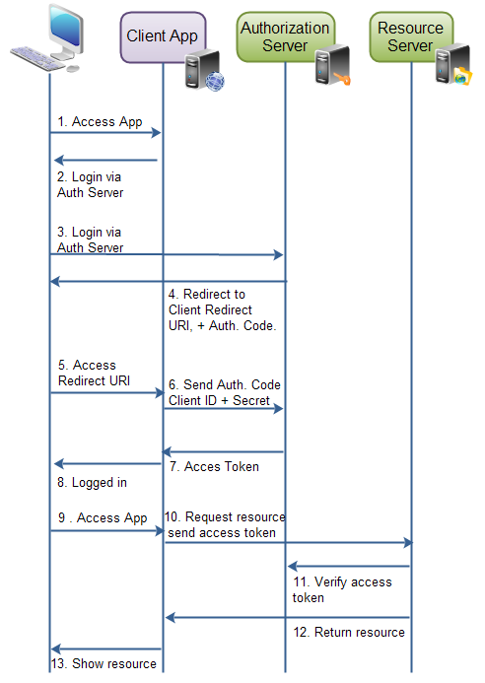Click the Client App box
pyautogui.click(x=162, y=37)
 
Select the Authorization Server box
pyautogui.click(x=285, y=37)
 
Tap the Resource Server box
pyautogui.click(x=410, y=36)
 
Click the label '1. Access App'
pyautogui.click(x=100, y=122)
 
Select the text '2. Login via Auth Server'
pyautogui.click(x=91, y=184)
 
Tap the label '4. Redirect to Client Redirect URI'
pyautogui.click(x=222, y=309)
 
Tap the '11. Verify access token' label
pyautogui.click(x=341, y=589)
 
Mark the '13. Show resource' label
pyautogui.click(x=104, y=663)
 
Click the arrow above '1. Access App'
pyautogui.click(x=105, y=132)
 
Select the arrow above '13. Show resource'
pyautogui.click(x=105, y=649)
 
